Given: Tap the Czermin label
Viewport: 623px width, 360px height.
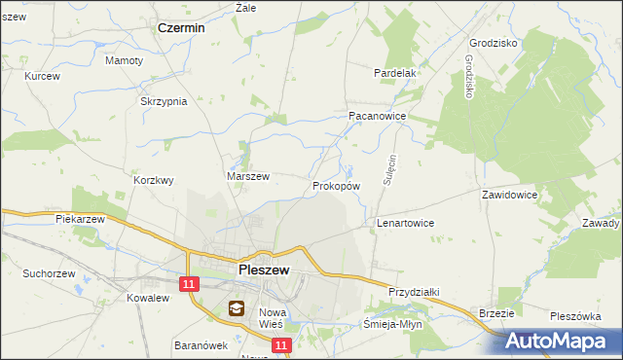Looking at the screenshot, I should click(x=181, y=28).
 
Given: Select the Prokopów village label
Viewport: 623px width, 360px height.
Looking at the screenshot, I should click(x=337, y=185).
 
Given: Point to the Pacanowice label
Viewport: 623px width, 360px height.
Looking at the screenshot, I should click(x=377, y=115).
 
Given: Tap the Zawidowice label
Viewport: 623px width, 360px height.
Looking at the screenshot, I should click(x=509, y=195).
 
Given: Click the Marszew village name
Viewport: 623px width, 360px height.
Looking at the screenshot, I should click(x=247, y=176).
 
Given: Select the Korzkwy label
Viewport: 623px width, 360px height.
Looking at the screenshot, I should click(x=153, y=180).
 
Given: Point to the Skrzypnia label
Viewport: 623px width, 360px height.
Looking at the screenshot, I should click(x=164, y=102).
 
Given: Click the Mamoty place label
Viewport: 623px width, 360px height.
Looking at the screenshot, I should click(x=124, y=60).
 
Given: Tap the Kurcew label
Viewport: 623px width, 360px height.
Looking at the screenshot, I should click(x=42, y=76).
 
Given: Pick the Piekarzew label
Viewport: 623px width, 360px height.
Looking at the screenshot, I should click(x=80, y=220).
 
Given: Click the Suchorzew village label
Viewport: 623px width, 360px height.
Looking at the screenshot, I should click(x=52, y=273).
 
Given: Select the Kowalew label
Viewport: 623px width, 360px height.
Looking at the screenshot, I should click(x=142, y=299).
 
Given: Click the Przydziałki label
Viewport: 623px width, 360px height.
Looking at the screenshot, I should click(x=416, y=292).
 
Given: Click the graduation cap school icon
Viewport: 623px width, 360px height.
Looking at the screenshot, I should click(x=237, y=309).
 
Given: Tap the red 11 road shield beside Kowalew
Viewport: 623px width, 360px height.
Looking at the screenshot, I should click(x=190, y=282).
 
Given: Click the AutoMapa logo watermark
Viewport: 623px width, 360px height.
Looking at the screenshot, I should click(x=558, y=341).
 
